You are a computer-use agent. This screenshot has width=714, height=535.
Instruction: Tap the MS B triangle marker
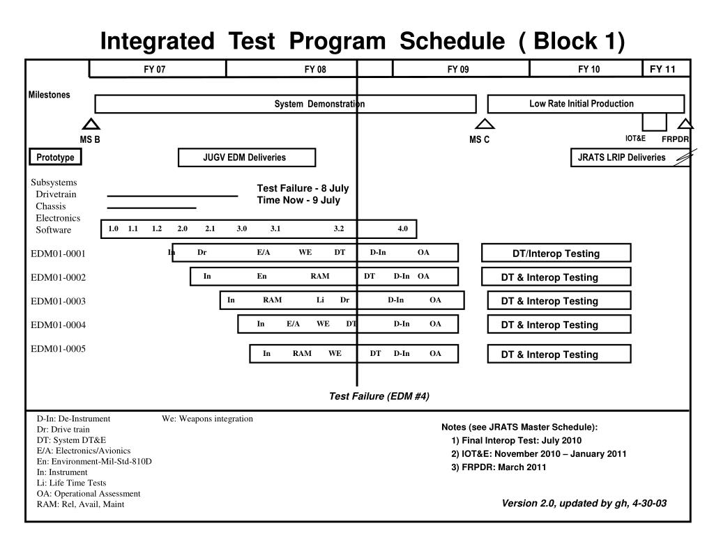[x=91, y=124]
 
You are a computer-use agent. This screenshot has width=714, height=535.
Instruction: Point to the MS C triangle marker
[x=485, y=124]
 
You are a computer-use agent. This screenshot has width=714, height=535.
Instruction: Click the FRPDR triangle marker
[x=686, y=124]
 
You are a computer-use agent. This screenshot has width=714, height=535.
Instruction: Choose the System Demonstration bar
[x=285, y=104]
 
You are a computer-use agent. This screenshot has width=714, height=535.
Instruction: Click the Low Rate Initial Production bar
[x=586, y=104]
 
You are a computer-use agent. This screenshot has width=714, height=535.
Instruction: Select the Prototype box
[x=55, y=157]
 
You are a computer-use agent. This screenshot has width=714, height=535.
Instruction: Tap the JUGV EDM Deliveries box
[x=247, y=157]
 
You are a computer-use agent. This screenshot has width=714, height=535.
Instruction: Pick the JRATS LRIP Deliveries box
[x=622, y=157]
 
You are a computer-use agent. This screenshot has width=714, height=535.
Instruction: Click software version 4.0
[x=403, y=228]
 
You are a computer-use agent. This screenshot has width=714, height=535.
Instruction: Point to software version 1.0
[x=114, y=228]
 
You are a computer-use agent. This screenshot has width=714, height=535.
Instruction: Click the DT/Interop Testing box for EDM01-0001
[x=556, y=254]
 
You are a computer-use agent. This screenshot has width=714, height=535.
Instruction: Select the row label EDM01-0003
[x=59, y=301]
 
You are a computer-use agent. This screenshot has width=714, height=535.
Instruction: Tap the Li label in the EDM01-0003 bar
[x=320, y=300]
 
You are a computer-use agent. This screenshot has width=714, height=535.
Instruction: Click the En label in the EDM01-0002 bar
[x=261, y=277]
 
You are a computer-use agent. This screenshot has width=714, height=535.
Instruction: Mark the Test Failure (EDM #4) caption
[x=379, y=396]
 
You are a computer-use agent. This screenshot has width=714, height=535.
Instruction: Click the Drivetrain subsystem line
[x=172, y=196]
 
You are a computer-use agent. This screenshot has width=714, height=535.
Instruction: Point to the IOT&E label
[x=635, y=138]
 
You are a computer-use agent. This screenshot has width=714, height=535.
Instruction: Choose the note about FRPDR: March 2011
[x=499, y=467]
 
